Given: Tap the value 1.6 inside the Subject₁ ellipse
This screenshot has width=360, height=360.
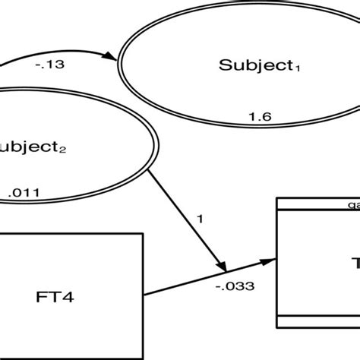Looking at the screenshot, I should [260, 115].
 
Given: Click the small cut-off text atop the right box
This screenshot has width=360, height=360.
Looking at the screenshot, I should [353, 204].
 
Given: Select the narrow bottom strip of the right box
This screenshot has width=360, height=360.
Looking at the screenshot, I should [320, 320].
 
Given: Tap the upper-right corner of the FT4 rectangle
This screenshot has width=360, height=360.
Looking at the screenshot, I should [143, 234].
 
